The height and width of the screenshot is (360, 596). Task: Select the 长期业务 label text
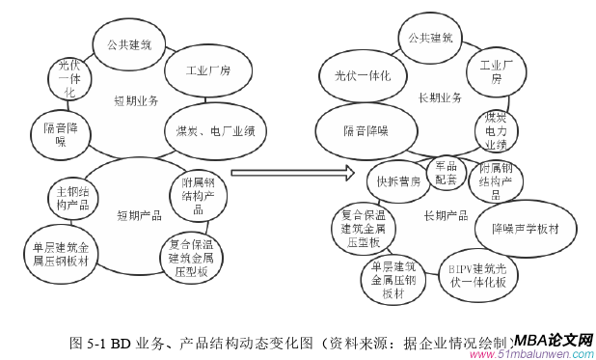(439, 97)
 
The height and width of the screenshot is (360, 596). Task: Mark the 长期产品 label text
(445, 215)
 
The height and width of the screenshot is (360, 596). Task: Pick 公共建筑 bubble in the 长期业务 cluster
(429, 39)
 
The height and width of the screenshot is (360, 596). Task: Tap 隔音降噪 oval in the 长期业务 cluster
(365, 130)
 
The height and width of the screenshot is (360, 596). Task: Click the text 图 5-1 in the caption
(90, 342)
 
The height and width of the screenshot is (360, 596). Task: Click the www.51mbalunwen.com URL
(530, 354)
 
